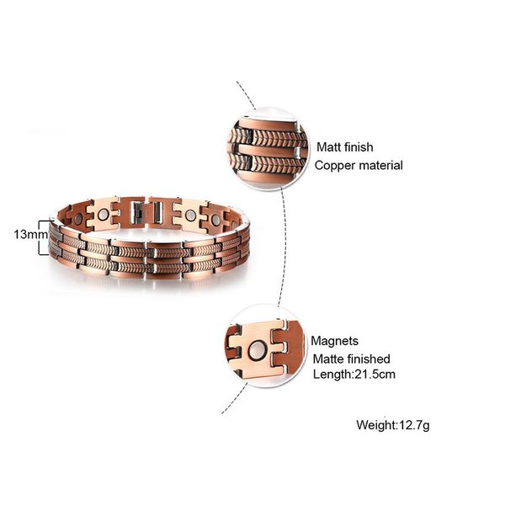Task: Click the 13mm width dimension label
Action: (30, 235)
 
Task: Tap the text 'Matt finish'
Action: (345, 147)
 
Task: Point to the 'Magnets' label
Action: (335, 341)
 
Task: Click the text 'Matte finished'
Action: (351, 359)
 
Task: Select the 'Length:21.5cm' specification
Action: (354, 375)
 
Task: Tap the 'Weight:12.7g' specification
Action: (393, 425)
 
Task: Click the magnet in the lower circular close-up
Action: (256, 350)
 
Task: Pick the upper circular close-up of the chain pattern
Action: (268, 150)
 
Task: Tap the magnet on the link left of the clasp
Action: (103, 215)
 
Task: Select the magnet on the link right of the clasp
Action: (190, 215)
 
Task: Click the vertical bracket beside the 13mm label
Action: (40, 237)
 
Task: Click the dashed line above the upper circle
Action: (246, 95)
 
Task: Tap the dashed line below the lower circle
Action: (234, 399)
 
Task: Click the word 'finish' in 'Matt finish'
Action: (358, 147)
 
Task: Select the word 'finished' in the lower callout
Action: (370, 359)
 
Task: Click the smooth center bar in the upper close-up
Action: (267, 151)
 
